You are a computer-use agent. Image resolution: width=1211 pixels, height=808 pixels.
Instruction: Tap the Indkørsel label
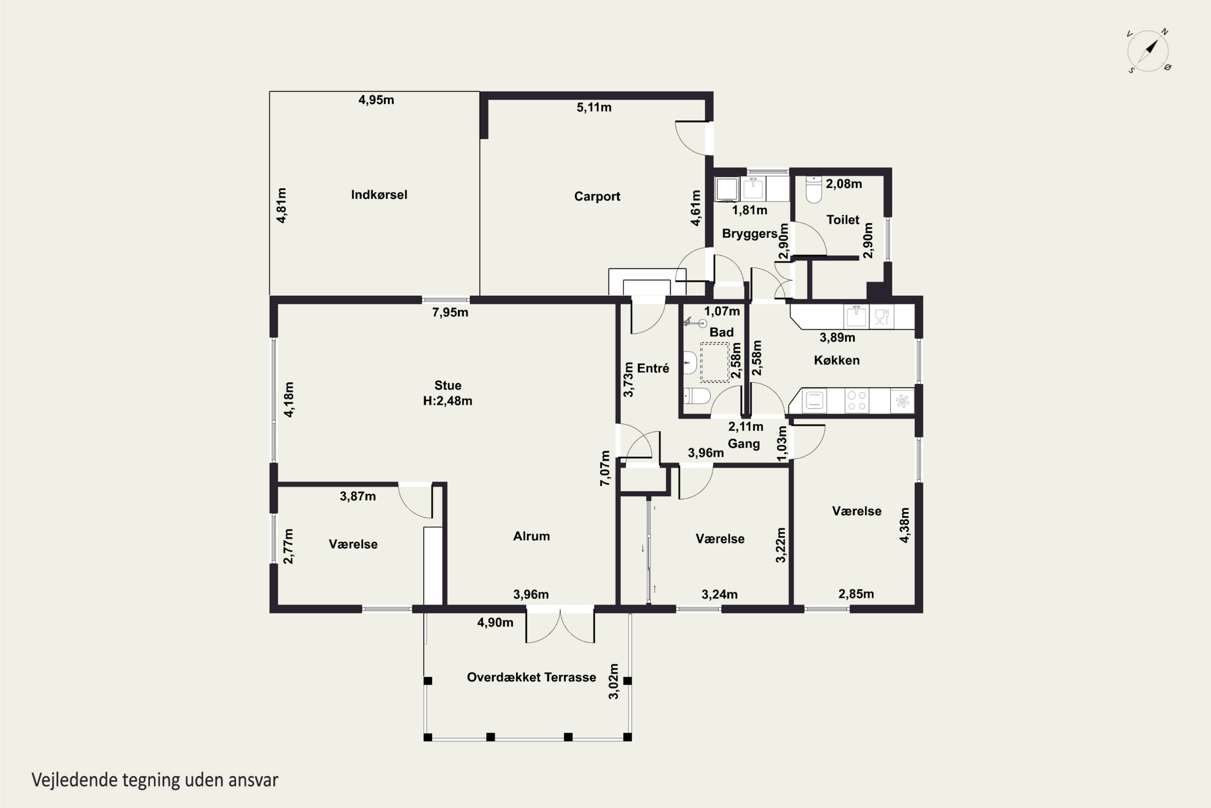[x=379, y=195]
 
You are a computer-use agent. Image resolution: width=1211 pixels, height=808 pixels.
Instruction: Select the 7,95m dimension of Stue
[x=450, y=312]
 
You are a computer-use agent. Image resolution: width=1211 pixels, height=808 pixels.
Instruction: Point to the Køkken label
[x=837, y=360]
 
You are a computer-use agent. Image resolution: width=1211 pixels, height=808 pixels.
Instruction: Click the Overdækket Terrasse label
[x=531, y=677]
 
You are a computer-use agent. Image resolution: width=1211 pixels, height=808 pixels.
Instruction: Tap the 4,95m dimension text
[x=376, y=100]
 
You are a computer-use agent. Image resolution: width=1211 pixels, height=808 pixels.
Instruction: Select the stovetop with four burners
[x=857, y=401]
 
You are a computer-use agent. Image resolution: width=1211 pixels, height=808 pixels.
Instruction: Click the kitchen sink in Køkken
[x=856, y=316]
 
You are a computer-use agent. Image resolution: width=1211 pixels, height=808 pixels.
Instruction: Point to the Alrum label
[x=531, y=536]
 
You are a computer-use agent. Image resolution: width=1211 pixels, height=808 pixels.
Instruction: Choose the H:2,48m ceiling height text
[x=447, y=401]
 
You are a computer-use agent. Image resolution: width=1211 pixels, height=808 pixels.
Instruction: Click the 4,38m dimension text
[x=904, y=525]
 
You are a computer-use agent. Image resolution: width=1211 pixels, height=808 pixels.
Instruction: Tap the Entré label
[x=653, y=368]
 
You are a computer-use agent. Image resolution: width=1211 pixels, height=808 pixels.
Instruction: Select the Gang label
[x=744, y=444]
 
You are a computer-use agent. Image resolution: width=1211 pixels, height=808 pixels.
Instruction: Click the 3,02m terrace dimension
[x=613, y=681]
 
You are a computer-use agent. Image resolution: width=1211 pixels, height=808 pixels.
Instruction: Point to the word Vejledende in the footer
[x=75, y=780]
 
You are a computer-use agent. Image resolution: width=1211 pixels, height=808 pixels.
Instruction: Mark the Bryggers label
[x=750, y=234]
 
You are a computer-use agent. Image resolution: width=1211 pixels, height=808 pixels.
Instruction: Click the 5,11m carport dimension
[x=594, y=107]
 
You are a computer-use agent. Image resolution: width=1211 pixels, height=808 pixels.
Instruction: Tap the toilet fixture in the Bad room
[x=697, y=396]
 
